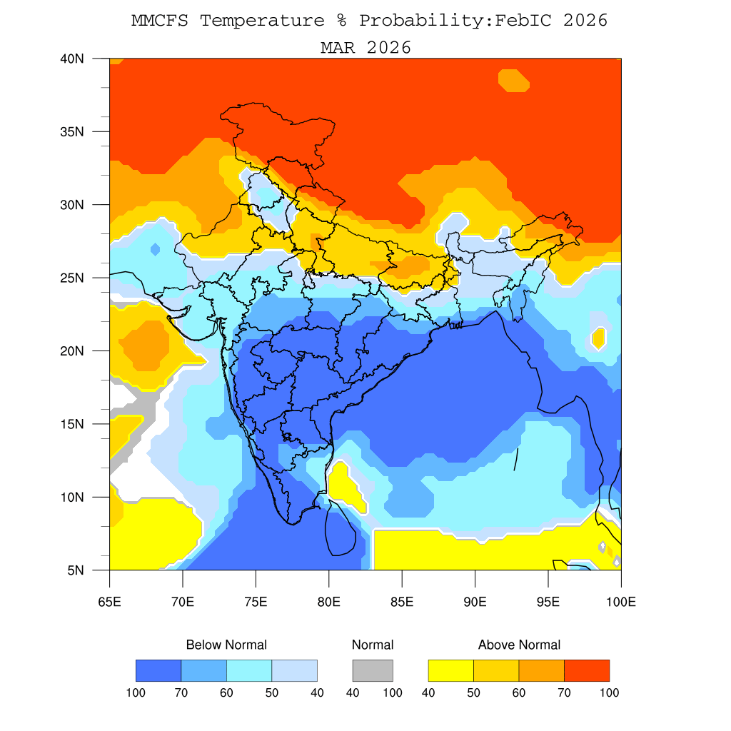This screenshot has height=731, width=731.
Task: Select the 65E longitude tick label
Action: pyautogui.click(x=109, y=602)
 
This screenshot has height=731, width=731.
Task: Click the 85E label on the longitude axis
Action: pyautogui.click(x=402, y=602)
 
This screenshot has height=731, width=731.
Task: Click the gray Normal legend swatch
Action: pyautogui.click(x=373, y=670)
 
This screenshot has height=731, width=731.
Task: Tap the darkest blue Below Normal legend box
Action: pyautogui.click(x=158, y=670)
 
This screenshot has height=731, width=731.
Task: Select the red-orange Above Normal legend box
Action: pyautogui.click(x=587, y=670)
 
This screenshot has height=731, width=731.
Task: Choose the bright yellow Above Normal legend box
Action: pyautogui.click(x=450, y=670)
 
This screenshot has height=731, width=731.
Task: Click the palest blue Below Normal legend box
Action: pyautogui.click(x=294, y=670)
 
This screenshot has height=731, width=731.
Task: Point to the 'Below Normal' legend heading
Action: pyautogui.click(x=226, y=645)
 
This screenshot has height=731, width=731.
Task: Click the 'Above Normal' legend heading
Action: pyautogui.click(x=519, y=645)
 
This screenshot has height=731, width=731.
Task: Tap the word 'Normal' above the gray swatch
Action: pyautogui.click(x=373, y=645)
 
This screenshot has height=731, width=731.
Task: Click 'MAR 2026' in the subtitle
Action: pyautogui.click(x=365, y=48)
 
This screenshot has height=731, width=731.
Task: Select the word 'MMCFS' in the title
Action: pyautogui.click(x=161, y=21)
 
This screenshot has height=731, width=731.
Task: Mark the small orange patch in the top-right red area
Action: pyautogui.click(x=514, y=80)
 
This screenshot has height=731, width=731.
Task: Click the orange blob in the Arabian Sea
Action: pyautogui.click(x=147, y=345)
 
